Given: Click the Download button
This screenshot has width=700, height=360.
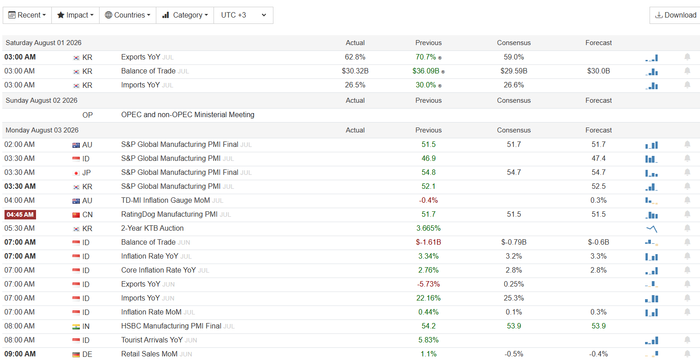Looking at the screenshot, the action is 675,15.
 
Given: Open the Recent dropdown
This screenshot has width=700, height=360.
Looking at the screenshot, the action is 27,15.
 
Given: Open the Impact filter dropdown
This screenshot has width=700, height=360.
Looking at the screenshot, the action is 75,15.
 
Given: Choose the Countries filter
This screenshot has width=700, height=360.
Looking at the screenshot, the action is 127,15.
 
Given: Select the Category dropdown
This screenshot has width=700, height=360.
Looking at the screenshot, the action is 185,15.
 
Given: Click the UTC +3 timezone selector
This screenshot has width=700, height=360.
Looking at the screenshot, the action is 243,15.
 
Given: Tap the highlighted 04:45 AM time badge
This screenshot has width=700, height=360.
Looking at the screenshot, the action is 20,214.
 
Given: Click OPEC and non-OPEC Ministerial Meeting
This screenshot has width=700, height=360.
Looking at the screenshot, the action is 187,115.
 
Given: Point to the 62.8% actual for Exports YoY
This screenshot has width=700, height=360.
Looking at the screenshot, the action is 355,57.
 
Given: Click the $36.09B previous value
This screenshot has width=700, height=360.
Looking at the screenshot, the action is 426,71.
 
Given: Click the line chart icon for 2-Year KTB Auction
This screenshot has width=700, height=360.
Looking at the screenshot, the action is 651,229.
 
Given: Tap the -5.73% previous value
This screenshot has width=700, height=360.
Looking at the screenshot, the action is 428,284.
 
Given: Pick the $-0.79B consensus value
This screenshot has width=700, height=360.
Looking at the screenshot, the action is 514,242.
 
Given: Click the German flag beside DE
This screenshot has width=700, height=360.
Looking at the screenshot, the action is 76,355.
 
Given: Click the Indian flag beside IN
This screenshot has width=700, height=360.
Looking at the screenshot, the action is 76,327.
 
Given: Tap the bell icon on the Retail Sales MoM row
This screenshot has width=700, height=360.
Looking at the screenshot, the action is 687,354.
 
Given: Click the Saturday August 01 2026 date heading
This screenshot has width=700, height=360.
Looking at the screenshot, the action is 43,43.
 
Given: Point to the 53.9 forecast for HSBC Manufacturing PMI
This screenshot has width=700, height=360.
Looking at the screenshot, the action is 599,326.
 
